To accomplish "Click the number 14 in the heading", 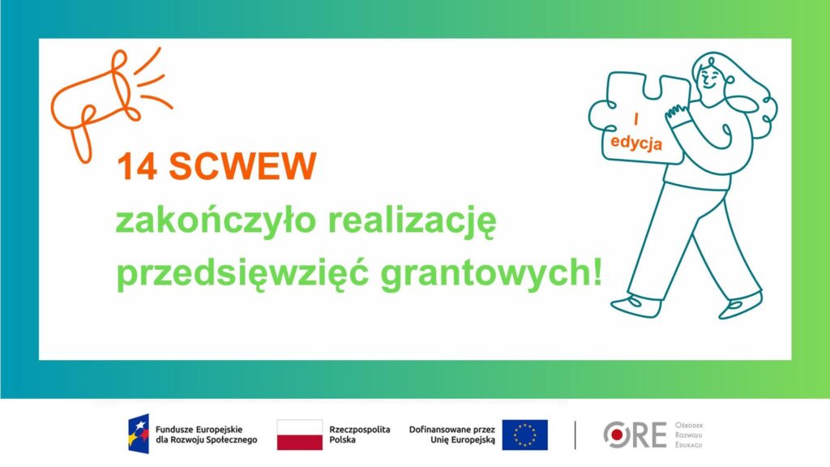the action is [x=136, y=166].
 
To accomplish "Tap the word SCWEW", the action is [x=242, y=166].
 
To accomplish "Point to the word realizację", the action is [x=413, y=222].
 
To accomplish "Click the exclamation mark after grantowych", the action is [x=597, y=272].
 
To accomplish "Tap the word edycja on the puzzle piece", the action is [x=635, y=143].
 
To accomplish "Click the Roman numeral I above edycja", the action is [x=635, y=120].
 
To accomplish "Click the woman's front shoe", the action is [x=636, y=306].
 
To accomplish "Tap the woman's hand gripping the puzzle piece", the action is [x=675, y=114].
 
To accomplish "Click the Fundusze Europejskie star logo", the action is [x=139, y=434].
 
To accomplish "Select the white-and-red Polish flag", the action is [x=300, y=435].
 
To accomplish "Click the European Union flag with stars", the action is [x=524, y=435].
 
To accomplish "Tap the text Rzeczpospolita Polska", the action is [x=359, y=435].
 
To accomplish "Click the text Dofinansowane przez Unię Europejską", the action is [x=452, y=435].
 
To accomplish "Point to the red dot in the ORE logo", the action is [x=617, y=435].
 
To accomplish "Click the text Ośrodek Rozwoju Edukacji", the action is [x=689, y=435].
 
